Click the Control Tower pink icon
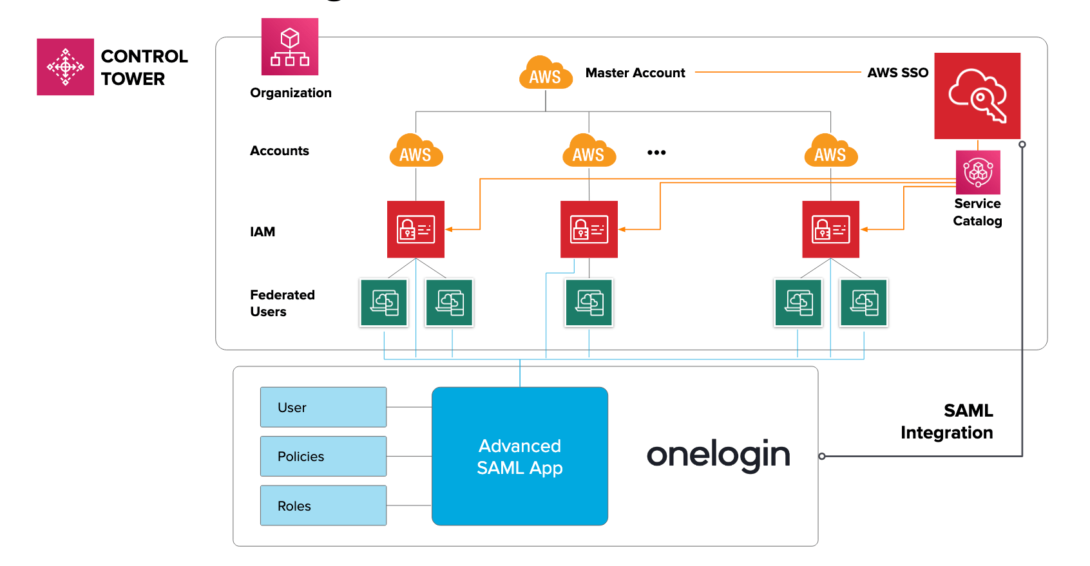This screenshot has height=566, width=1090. (x=65, y=67)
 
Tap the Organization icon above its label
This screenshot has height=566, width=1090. (x=290, y=47)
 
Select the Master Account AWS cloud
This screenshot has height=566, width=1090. (x=546, y=73)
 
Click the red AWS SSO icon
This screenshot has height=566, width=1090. (x=977, y=96)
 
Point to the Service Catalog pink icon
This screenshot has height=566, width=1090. (x=978, y=173)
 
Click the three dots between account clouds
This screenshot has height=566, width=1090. (x=656, y=153)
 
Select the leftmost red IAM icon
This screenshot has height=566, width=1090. (x=416, y=229)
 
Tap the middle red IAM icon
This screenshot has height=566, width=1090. (x=589, y=229)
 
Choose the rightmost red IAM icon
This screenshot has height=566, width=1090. (x=830, y=229)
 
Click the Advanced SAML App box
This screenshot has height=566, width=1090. (x=520, y=456)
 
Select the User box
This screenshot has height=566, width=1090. (x=323, y=407)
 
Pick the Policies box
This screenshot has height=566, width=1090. (x=323, y=456)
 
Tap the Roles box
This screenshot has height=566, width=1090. (x=323, y=505)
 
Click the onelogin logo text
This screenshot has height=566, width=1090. (x=718, y=455)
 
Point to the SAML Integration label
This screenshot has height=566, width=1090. (x=947, y=422)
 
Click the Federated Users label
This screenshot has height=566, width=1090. (x=282, y=303)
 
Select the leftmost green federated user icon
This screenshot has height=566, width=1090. (x=384, y=303)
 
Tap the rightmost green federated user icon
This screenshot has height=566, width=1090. (x=863, y=303)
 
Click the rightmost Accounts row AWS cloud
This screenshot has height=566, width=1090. (x=830, y=151)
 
